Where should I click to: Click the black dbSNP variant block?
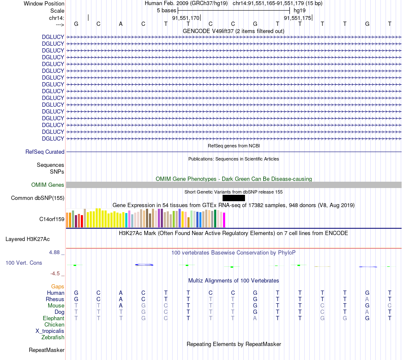tap(234, 198)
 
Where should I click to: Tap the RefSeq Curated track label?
tap(45, 152)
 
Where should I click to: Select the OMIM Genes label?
tap(48, 185)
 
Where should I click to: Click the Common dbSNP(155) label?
tap(38, 198)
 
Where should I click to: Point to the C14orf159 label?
tap(52, 219)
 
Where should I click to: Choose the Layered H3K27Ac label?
tap(28, 239)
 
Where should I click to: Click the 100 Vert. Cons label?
tap(24, 263)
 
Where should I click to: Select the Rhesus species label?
tap(55, 299)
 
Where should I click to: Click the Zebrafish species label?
tap(53, 337)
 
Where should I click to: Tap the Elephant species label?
tap(53, 318)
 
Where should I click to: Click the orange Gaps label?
tap(58, 287)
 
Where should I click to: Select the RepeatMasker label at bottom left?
tap(47, 350)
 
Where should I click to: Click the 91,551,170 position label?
tap(185, 18)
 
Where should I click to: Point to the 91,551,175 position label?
tap(297, 18)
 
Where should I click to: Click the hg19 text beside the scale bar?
tap(300, 10)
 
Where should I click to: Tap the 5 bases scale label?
tap(166, 10)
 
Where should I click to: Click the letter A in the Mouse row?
tap(121, 305)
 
